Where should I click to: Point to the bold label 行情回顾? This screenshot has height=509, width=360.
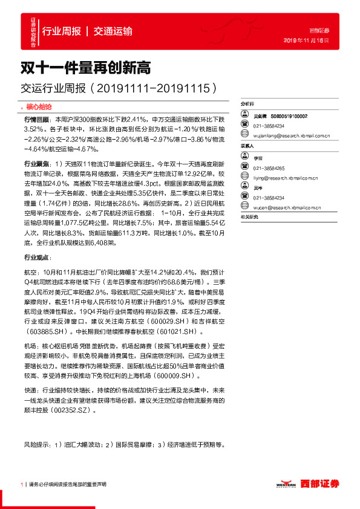pos(36,120)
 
